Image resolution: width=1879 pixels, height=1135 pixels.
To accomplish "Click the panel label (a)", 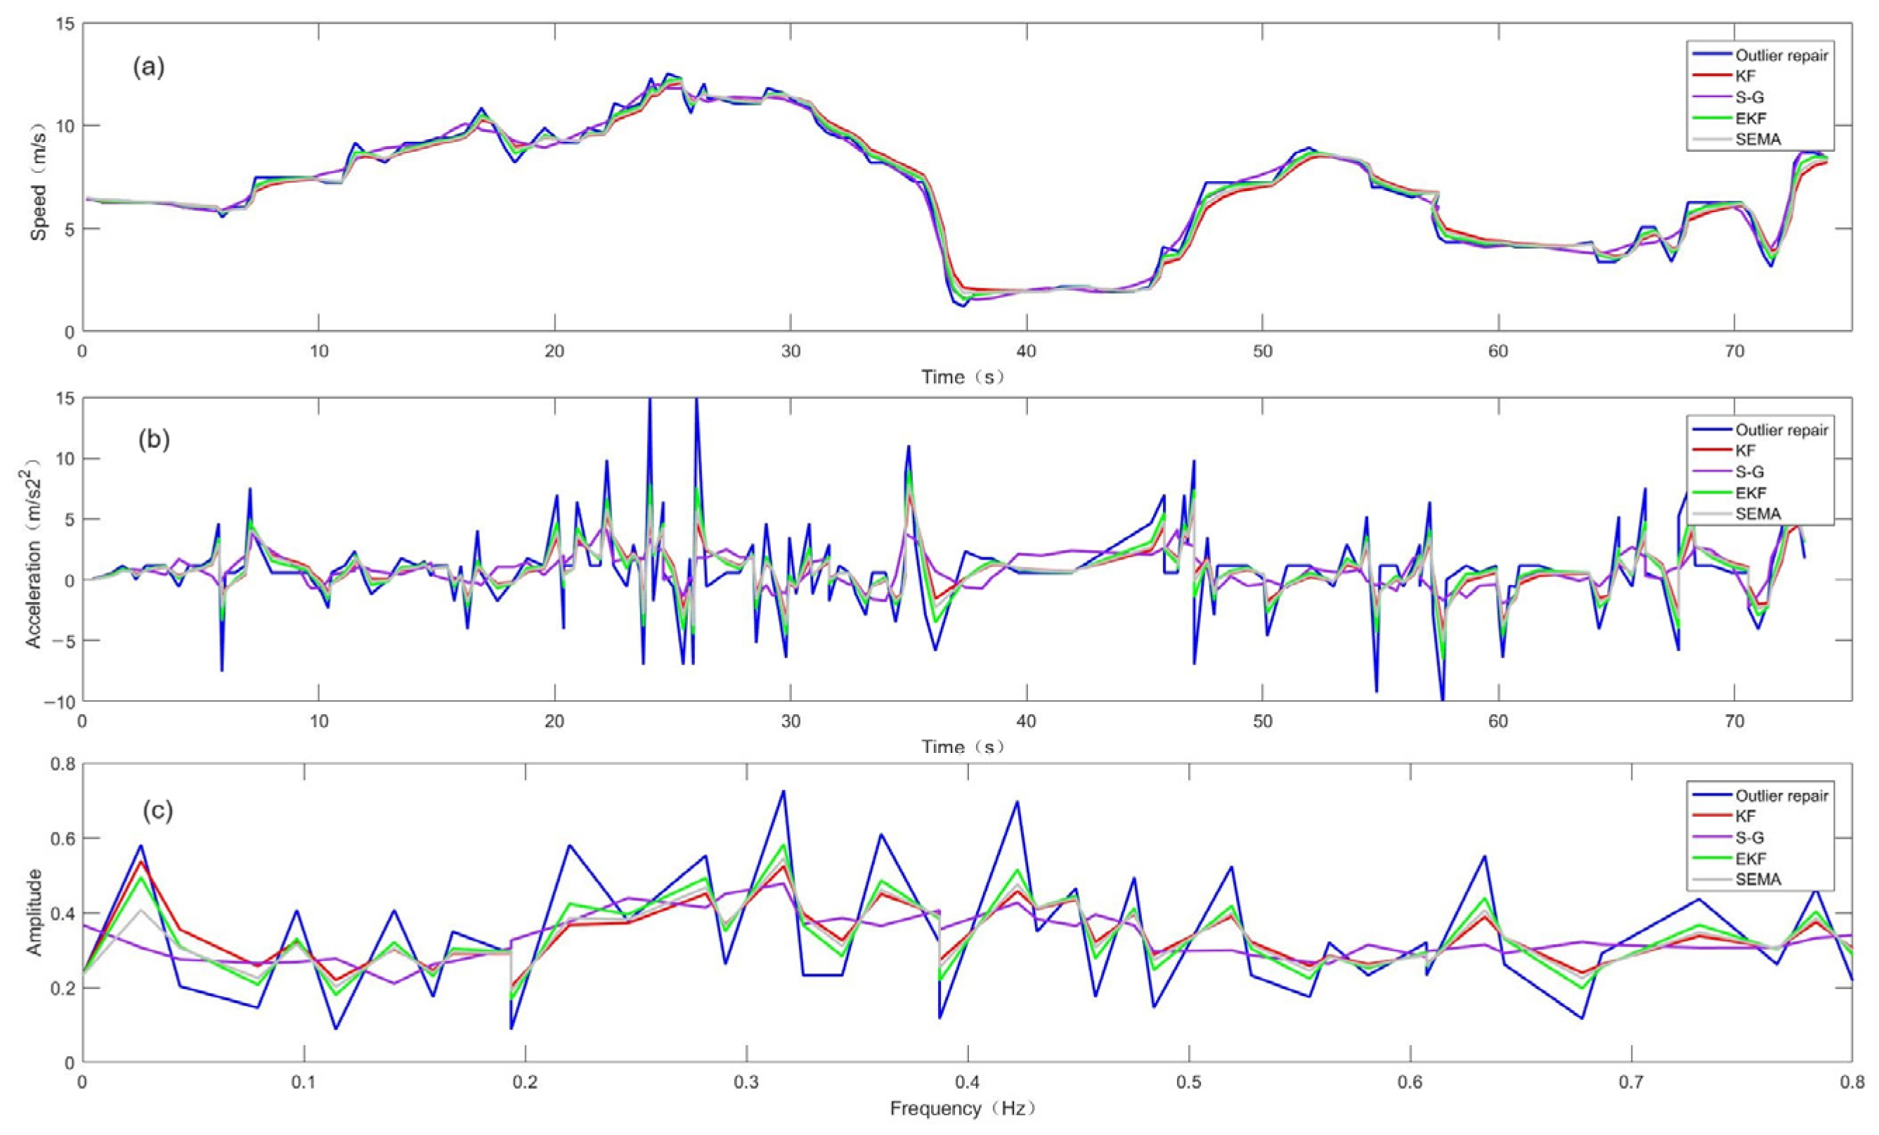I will pyautogui.click(x=149, y=69).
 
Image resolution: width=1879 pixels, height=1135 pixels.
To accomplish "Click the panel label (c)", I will pyautogui.click(x=158, y=811).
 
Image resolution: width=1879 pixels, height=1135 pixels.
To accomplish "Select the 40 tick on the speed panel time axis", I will pyautogui.click(x=1027, y=352).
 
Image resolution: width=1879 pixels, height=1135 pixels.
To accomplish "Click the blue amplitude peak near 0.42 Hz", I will pyautogui.click(x=1017, y=801).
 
